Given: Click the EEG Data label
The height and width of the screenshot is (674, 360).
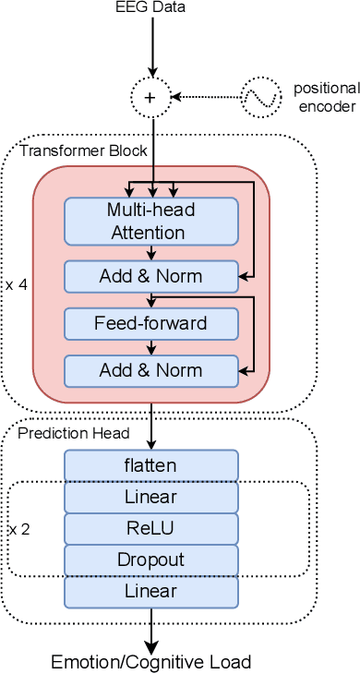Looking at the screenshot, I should click(x=151, y=8).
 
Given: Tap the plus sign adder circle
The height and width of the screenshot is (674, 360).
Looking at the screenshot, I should click(x=151, y=96).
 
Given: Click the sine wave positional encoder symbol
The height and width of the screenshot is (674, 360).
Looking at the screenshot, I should click(x=260, y=96).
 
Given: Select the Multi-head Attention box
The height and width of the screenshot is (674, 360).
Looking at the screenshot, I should click(x=151, y=221).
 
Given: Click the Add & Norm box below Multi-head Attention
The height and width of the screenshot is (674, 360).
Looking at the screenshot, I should click(x=151, y=275).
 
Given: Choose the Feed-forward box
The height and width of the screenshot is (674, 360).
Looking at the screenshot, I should click(x=151, y=323).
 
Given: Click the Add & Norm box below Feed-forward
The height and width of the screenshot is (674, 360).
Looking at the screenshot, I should click(x=151, y=370).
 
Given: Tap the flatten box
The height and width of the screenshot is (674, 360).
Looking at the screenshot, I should click(x=151, y=465).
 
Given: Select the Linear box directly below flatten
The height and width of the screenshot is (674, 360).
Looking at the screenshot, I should click(x=151, y=497).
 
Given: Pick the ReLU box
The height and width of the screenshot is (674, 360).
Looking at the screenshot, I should click(x=151, y=528).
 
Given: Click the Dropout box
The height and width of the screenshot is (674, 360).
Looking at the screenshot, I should click(x=151, y=560).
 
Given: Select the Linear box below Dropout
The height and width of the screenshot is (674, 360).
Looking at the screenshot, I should click(x=151, y=591).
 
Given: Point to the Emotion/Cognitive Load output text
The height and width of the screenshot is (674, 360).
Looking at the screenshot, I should click(x=151, y=661).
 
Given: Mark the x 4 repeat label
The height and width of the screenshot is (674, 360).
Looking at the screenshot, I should click(x=17, y=285).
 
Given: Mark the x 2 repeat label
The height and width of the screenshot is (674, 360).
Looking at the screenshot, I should click(x=18, y=529).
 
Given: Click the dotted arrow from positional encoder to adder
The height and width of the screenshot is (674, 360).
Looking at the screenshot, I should click(x=208, y=96).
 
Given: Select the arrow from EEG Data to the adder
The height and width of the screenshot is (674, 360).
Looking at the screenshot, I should click(x=151, y=46).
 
